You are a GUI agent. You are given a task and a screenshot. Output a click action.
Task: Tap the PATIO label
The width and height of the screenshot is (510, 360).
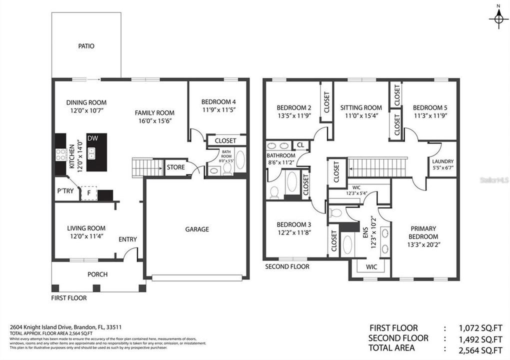tap(86, 46)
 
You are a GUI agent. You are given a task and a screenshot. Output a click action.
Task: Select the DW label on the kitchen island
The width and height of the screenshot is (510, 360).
tap(92, 138)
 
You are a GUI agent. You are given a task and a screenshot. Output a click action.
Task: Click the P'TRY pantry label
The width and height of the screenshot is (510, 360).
tap(65, 190)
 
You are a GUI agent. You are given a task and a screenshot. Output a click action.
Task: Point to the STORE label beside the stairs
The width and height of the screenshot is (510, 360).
tap(175, 167)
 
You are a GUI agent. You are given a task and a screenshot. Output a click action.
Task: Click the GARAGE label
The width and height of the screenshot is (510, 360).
tap(197, 229)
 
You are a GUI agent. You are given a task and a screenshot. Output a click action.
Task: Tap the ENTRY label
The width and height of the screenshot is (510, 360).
tap(127, 239)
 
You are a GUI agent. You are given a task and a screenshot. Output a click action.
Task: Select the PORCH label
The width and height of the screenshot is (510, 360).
tap(97, 274)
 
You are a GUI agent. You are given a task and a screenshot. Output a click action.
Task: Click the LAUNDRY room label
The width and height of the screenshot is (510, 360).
tap(443, 161)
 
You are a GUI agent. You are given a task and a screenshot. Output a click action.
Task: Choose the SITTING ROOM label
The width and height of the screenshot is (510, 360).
tap(361, 107)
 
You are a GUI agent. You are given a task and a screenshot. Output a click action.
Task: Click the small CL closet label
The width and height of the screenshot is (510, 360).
tap(300, 145)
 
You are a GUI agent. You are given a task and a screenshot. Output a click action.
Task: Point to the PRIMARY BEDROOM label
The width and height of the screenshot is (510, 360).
tap(424, 232)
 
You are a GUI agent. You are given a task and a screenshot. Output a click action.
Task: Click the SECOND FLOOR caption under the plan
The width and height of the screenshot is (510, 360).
tap(287, 266)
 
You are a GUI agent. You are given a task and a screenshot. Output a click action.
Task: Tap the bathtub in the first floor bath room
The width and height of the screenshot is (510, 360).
tap(240, 160)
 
